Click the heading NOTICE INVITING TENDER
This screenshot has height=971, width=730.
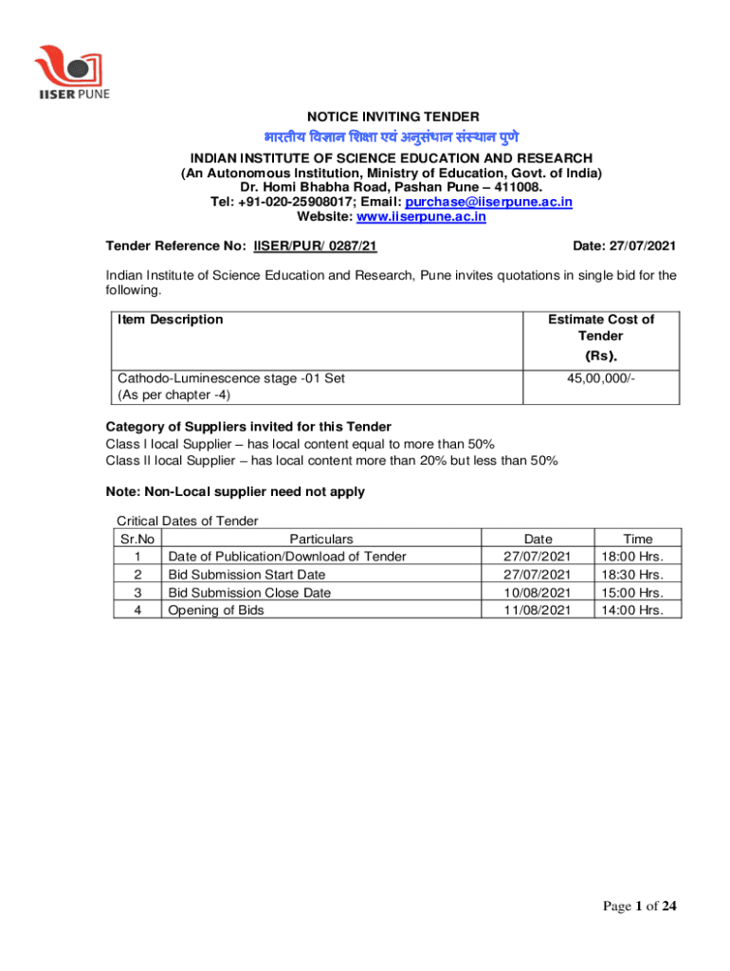[392, 117]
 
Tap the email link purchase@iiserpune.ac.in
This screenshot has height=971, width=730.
[489, 202]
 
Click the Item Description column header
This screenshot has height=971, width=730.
[171, 320]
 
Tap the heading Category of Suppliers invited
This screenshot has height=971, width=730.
[248, 426]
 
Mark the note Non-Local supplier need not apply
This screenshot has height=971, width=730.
[235, 492]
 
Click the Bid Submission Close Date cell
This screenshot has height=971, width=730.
[249, 593]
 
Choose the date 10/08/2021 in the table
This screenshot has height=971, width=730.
[538, 593]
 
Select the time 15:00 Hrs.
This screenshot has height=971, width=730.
[637, 593]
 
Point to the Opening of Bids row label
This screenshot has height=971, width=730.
[216, 610]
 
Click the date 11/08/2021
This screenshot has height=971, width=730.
[538, 610]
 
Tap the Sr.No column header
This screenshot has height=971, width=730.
[137, 539]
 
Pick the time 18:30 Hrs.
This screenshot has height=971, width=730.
[637, 575]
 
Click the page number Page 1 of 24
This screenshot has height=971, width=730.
[640, 907]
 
